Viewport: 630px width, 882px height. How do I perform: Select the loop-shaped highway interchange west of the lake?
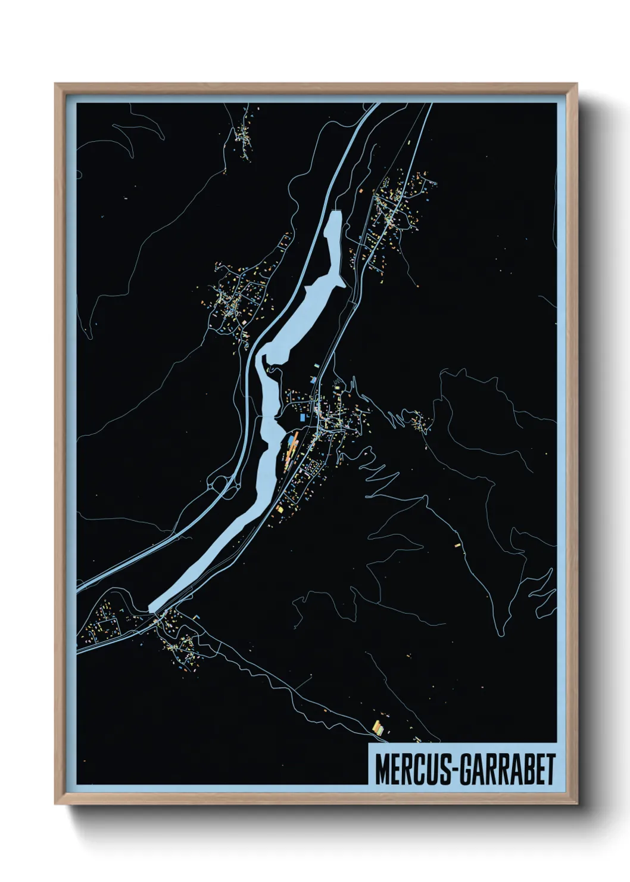220,486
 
